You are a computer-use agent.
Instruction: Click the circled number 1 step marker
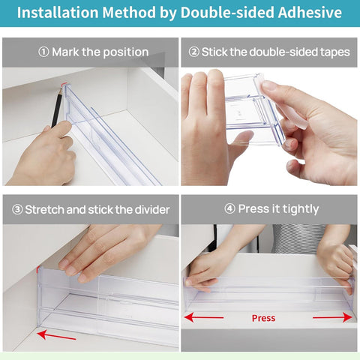click(43, 52)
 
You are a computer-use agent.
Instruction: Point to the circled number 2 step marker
click(193, 52)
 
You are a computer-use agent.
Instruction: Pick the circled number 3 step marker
click(16, 209)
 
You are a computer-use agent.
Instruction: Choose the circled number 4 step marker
click(229, 209)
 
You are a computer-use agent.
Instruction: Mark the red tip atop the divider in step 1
click(65, 84)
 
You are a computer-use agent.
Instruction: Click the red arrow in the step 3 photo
click(57, 334)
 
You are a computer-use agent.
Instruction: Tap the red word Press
click(263, 318)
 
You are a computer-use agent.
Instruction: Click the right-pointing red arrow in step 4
click(331, 317)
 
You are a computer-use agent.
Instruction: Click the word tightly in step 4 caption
click(296, 209)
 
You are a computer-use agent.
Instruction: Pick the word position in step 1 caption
click(121, 52)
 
